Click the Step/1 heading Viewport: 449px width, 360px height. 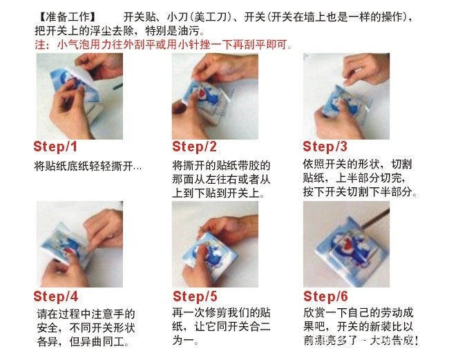[x=55, y=146]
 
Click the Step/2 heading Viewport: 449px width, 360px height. [x=194, y=146]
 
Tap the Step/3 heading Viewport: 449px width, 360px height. [x=325, y=146]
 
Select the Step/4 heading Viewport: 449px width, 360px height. [x=55, y=296]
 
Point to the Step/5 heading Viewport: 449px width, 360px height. [x=195, y=296]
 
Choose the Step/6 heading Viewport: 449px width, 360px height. [x=325, y=296]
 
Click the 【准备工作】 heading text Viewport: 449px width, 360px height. [x=67, y=17]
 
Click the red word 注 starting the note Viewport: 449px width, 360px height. [x=40, y=45]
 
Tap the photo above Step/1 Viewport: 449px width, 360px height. [x=79, y=96]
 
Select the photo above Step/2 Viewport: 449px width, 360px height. [x=215, y=96]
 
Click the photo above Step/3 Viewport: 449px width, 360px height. [x=346, y=96]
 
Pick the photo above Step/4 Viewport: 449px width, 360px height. [x=79, y=244]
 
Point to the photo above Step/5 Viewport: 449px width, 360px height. [x=215, y=244]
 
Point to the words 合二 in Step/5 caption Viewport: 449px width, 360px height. [x=259, y=327]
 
